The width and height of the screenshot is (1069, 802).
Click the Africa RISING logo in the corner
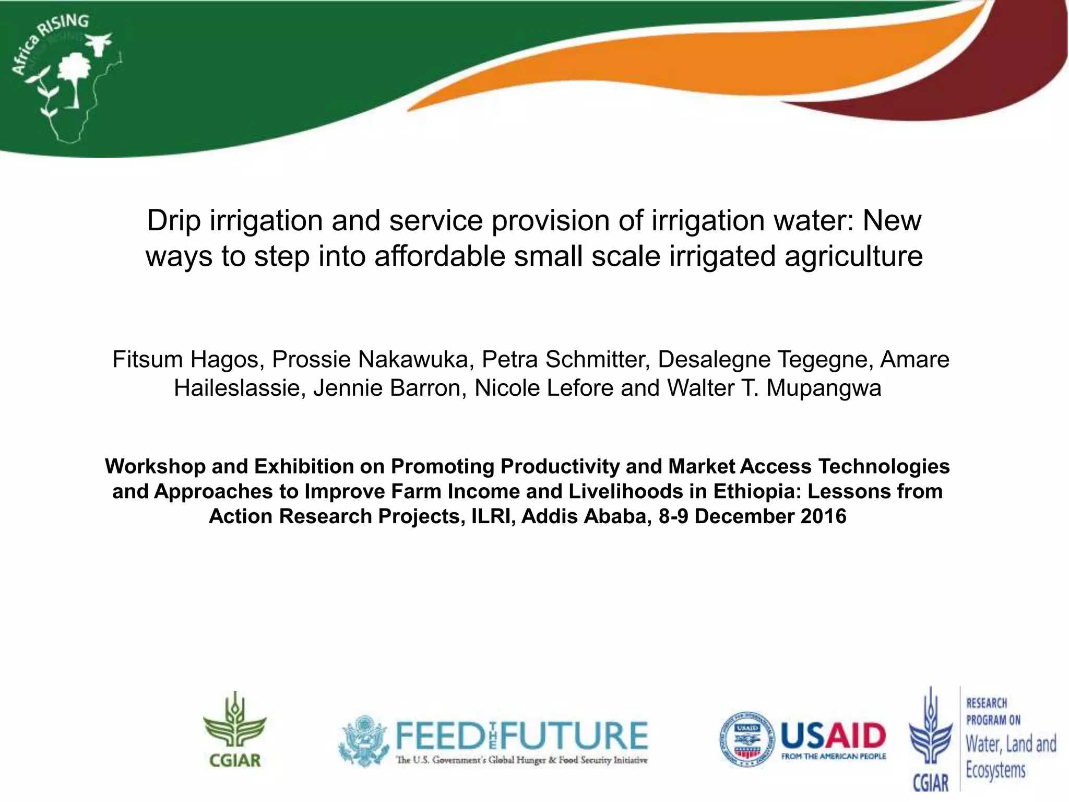point(65,78)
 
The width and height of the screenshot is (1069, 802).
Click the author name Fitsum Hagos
point(186,360)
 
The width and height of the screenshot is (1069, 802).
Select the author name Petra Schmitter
point(565,360)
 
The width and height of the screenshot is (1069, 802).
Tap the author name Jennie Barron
point(389,388)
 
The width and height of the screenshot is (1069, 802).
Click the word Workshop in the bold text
point(155,466)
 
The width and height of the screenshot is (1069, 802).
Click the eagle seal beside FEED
point(364,740)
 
